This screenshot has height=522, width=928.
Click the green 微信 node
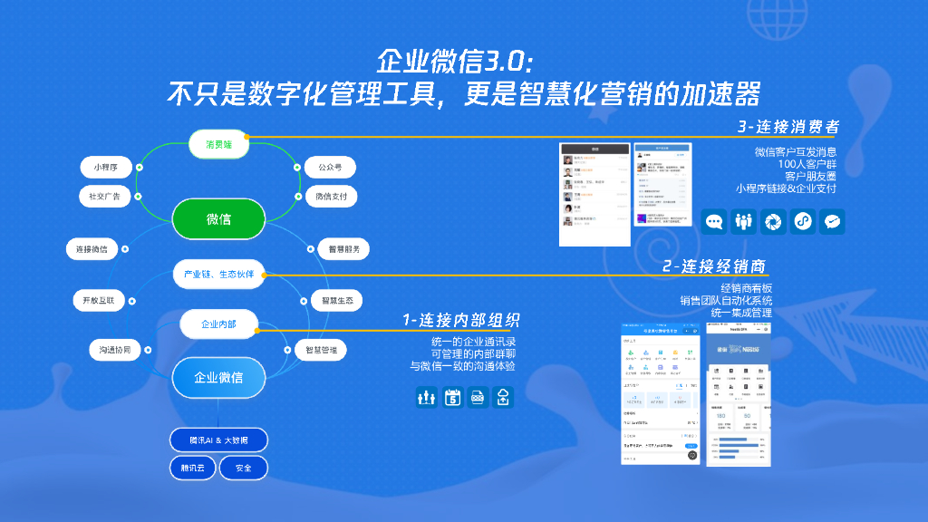click(218, 218)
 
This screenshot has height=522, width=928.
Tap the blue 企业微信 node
click(218, 377)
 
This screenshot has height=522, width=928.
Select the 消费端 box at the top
click(218, 143)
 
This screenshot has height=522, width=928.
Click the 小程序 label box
click(105, 167)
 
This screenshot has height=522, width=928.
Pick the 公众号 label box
click(329, 167)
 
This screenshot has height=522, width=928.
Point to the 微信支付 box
click(329, 196)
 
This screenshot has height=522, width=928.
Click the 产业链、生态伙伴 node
click(218, 274)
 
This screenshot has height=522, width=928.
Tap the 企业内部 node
click(218, 323)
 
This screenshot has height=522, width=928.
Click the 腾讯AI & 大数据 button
click(218, 440)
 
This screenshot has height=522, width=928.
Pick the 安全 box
click(244, 468)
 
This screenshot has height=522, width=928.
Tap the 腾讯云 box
click(191, 468)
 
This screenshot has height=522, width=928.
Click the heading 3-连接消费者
click(787, 126)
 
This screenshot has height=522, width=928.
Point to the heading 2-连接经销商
click(713, 266)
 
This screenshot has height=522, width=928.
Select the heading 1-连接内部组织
click(462, 320)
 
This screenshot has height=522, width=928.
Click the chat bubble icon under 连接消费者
click(715, 222)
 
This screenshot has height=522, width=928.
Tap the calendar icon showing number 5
click(452, 397)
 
